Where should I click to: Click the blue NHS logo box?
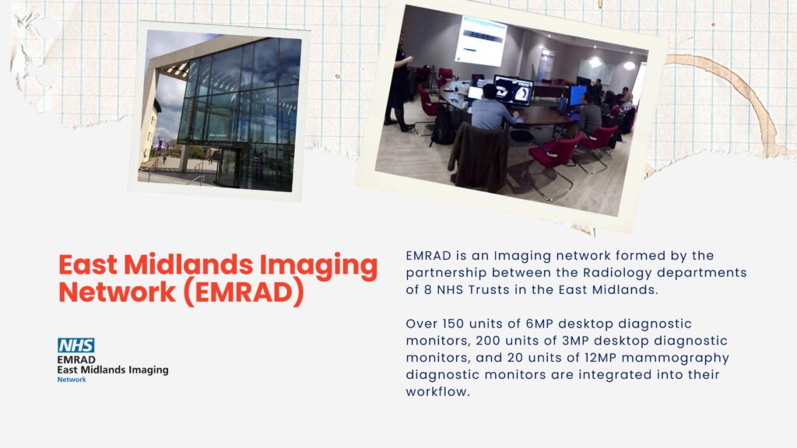coord(75,345)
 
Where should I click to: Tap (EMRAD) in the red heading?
coord(243,292)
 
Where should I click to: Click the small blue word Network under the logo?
coord(72,380)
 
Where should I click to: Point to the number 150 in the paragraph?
coord(454,324)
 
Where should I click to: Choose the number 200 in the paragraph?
coord(488,341)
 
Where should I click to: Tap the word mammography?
coord(676,359)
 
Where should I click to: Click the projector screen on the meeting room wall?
coord(480,40)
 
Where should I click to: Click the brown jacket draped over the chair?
coord(479,157)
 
